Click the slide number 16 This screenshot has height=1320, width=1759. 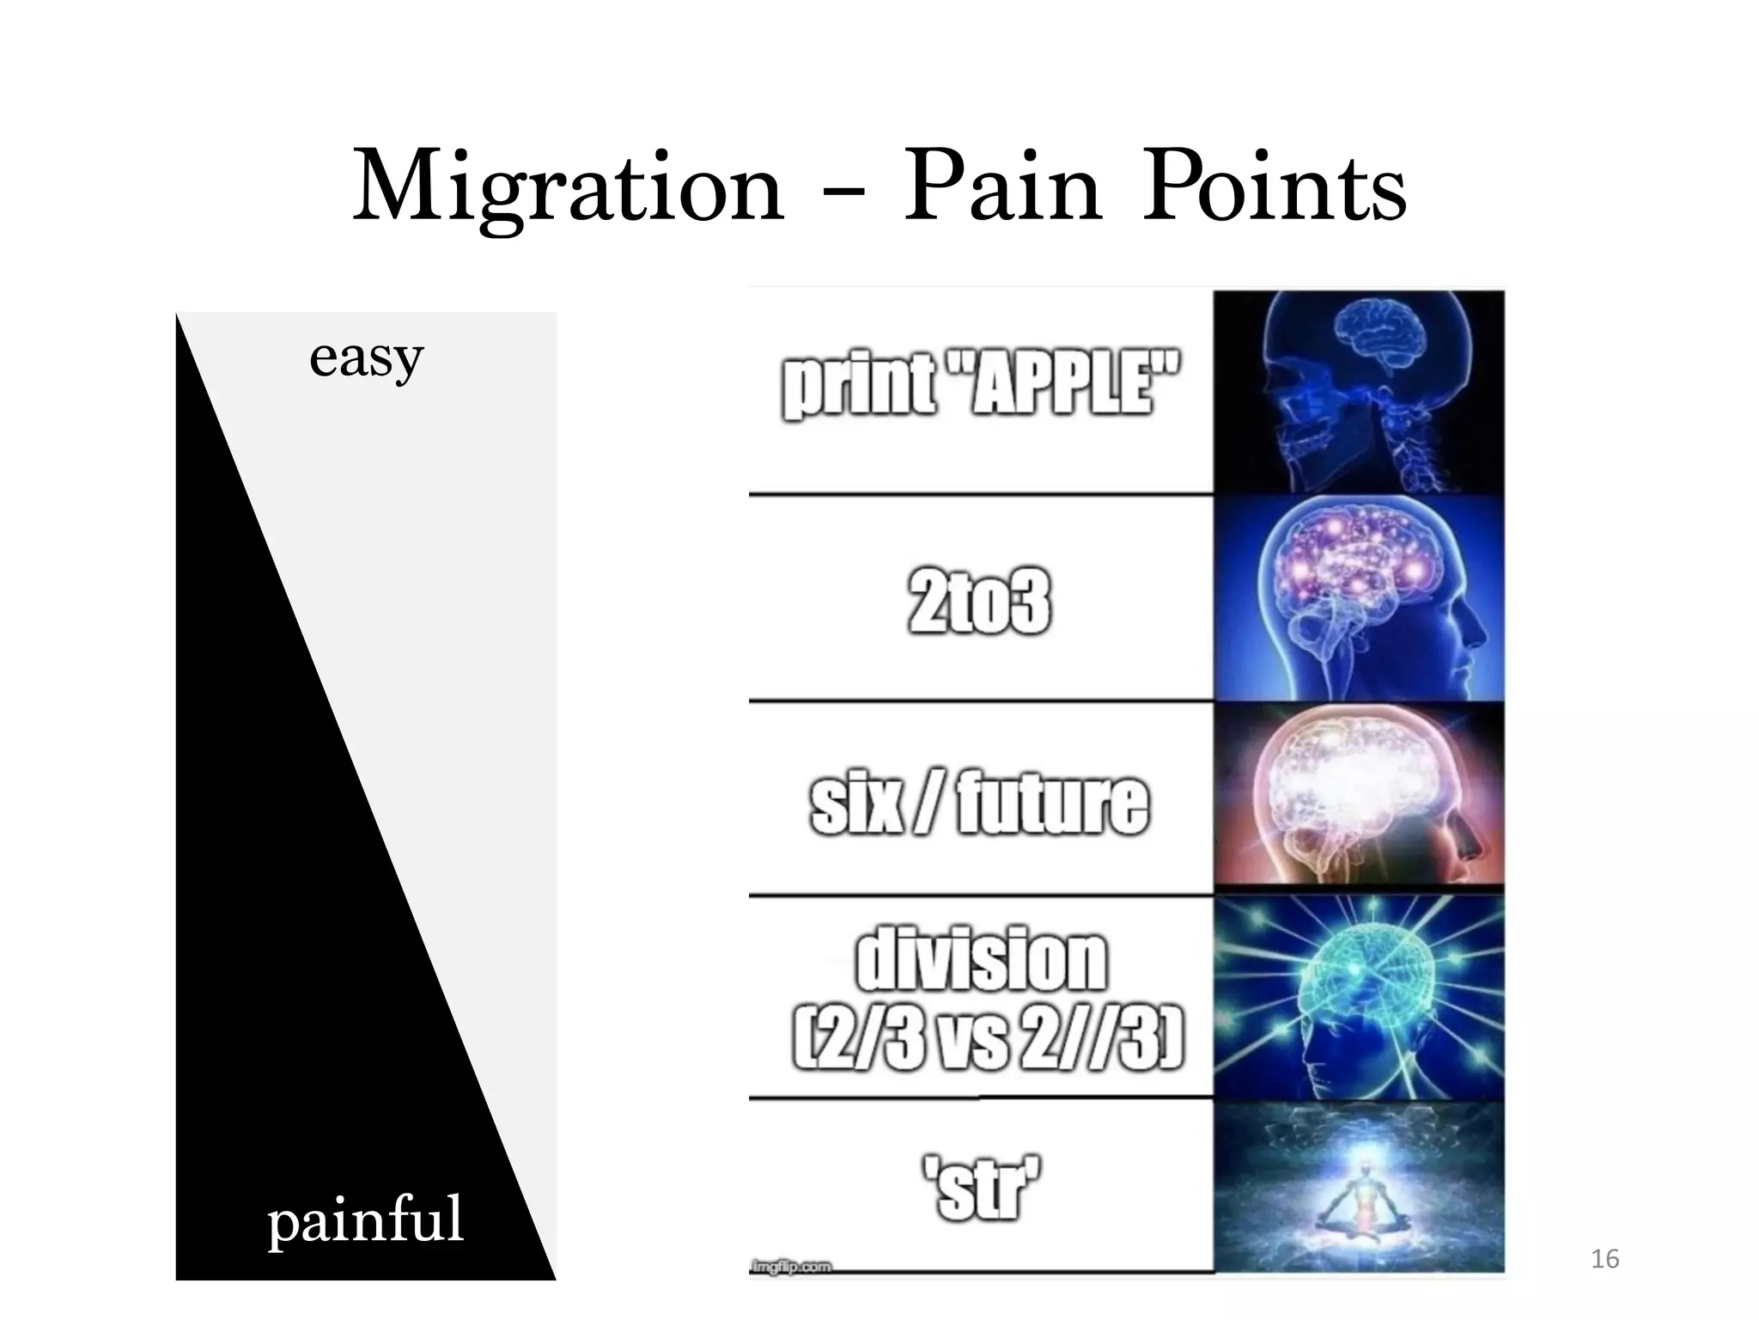[1604, 1260]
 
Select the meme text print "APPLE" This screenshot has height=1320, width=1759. [980, 388]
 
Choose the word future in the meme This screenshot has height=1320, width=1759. [1052, 804]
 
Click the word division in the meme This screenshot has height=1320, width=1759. [981, 960]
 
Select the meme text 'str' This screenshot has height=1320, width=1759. [981, 1189]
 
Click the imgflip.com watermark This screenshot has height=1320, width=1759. [791, 1267]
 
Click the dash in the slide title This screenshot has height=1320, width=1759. [844, 192]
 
